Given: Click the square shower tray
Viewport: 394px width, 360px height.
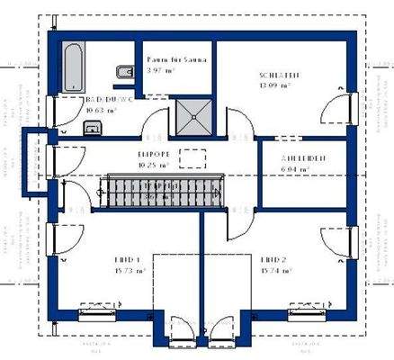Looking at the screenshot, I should tap(191, 115).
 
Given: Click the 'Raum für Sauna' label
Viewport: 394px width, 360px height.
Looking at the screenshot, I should tap(177, 60).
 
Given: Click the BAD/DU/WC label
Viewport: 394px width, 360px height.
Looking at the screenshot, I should tap(108, 100).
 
